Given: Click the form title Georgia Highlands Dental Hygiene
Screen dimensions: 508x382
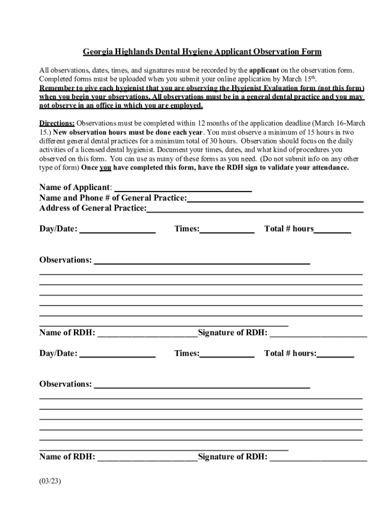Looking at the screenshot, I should [202, 52].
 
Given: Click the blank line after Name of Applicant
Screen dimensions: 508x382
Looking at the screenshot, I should [183, 188].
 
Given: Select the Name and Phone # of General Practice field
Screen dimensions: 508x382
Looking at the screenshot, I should [275, 198].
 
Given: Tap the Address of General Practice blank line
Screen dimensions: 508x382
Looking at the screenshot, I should [255, 208].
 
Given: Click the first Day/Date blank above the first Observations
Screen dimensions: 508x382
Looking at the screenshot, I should [118, 229].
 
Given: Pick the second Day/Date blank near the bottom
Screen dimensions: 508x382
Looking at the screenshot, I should [118, 354].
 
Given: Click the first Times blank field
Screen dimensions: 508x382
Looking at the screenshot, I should [227, 229].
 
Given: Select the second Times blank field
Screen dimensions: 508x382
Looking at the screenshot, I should [227, 354].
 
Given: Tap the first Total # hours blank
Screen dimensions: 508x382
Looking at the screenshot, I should [332, 229].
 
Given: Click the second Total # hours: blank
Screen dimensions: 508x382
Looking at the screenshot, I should [335, 354].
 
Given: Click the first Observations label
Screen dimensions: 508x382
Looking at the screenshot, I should [65, 260].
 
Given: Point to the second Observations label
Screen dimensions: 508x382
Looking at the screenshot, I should [65, 384].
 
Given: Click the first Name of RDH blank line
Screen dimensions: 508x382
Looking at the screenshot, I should [147, 333].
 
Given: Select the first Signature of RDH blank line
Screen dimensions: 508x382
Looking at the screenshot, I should [318, 333].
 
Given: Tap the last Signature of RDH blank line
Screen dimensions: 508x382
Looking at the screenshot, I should [318, 457].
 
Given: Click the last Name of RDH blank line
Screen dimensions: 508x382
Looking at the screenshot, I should [147, 457].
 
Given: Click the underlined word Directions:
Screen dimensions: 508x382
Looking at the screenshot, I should [57, 123].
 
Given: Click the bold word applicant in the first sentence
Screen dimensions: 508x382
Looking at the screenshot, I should [264, 70].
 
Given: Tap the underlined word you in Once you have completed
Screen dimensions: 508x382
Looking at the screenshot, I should [105, 168].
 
